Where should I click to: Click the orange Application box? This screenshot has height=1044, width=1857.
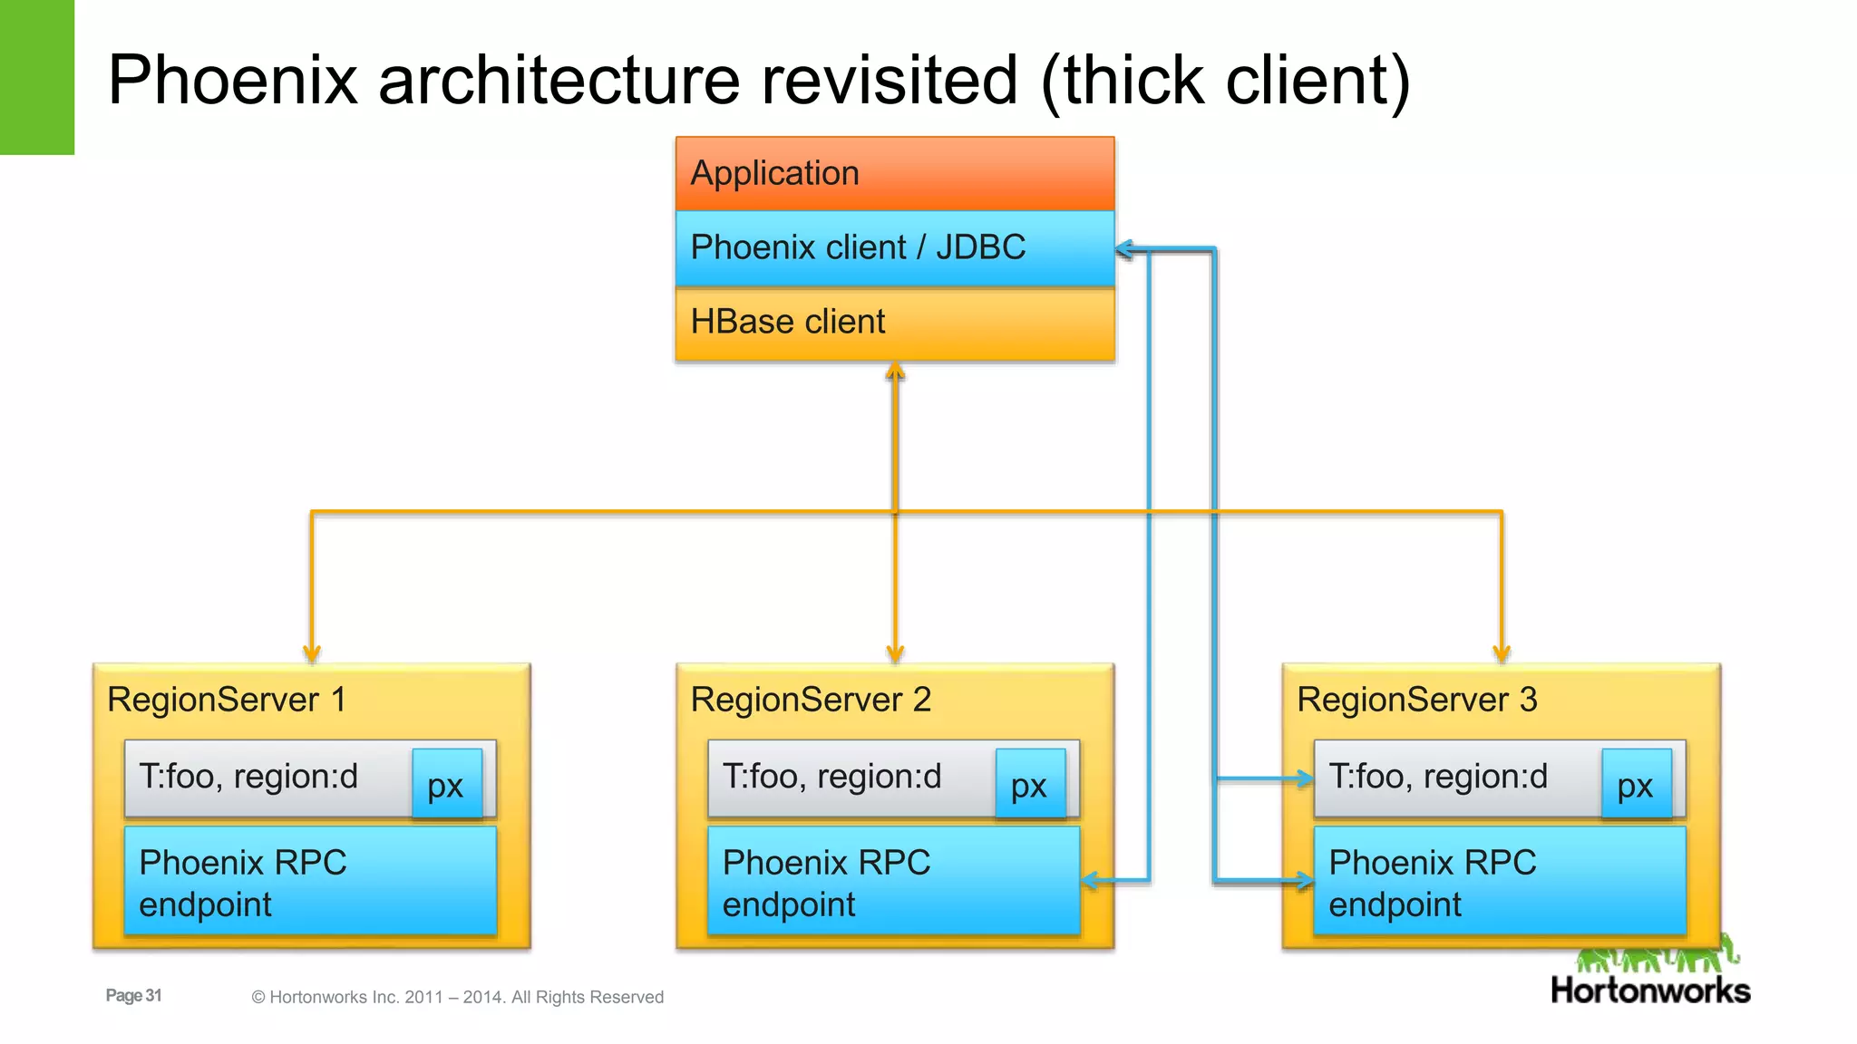pyautogui.click(x=894, y=173)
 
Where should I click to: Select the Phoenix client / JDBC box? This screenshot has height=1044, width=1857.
pyautogui.click(x=894, y=247)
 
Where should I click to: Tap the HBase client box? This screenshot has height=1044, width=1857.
pyautogui.click(x=894, y=323)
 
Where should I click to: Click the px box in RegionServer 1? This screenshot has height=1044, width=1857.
pyautogui.click(x=446, y=784)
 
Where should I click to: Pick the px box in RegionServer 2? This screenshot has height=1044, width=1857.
pyautogui.click(x=1029, y=784)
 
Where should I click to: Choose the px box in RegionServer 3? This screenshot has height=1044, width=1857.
pyautogui.click(x=1636, y=784)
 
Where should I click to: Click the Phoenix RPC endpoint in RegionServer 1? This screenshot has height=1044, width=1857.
pyautogui.click(x=310, y=881)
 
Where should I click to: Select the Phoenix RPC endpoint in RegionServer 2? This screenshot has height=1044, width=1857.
pyautogui.click(x=893, y=881)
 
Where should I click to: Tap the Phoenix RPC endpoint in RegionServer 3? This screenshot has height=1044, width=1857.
pyautogui.click(x=1499, y=881)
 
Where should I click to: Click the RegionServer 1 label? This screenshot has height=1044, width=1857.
pyautogui.click(x=227, y=700)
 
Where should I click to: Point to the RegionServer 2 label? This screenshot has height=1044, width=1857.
pyautogui.click(x=811, y=700)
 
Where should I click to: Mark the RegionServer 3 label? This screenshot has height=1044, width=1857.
pyautogui.click(x=1416, y=700)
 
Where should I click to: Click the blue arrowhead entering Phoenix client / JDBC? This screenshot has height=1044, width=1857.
pyautogui.click(x=1124, y=249)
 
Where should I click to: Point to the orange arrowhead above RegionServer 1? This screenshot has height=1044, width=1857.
pyautogui.click(x=312, y=653)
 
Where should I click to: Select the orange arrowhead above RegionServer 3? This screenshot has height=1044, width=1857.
pyautogui.click(x=1502, y=653)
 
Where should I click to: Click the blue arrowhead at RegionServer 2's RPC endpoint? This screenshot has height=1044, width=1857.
pyautogui.click(x=1091, y=880)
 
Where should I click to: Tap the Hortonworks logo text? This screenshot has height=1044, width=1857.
pyautogui.click(x=1650, y=991)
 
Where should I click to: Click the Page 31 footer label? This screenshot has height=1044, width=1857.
pyautogui.click(x=133, y=995)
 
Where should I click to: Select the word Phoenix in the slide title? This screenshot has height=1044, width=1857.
pyautogui.click(x=233, y=80)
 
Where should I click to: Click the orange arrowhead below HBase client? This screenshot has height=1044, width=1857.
pyautogui.click(x=895, y=372)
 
